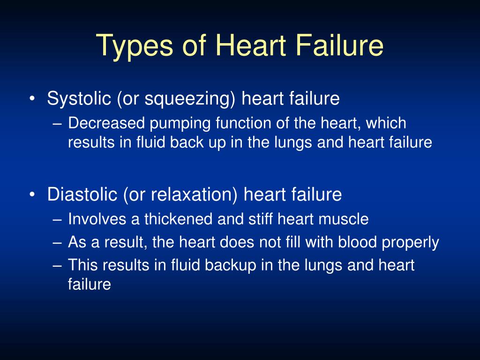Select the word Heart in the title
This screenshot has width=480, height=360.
246,46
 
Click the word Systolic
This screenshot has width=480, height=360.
79,99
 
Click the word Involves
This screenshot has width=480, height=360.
96,219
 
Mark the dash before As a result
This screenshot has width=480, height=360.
58,243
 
